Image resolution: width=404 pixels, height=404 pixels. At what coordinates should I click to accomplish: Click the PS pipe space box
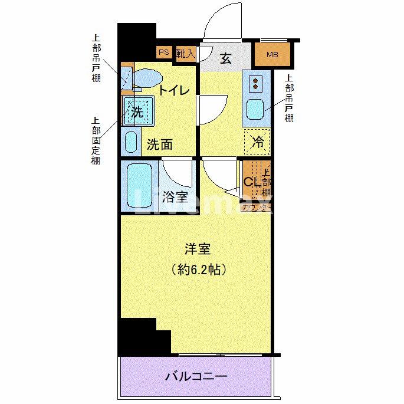pyautogui.click(x=163, y=52)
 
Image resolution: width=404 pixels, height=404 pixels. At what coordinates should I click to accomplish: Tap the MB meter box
pyautogui.click(x=272, y=55)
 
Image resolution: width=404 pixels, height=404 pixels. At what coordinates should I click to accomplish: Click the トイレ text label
pyautogui.click(x=173, y=90)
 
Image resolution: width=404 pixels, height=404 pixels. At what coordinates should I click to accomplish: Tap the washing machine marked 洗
pyautogui.click(x=138, y=111)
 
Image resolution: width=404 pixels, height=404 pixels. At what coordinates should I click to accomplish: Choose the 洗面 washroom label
pyautogui.click(x=159, y=144)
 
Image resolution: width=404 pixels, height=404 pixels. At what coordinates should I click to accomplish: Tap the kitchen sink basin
pyautogui.click(x=256, y=110)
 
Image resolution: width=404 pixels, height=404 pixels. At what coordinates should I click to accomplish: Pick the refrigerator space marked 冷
pyautogui.click(x=257, y=141)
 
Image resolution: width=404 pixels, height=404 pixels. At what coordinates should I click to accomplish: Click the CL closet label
pyautogui.click(x=251, y=182)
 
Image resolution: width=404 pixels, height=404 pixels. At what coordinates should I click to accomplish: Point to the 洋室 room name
pyautogui.click(x=197, y=249)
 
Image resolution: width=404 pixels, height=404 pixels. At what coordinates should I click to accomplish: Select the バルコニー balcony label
pyautogui.click(x=196, y=376)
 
